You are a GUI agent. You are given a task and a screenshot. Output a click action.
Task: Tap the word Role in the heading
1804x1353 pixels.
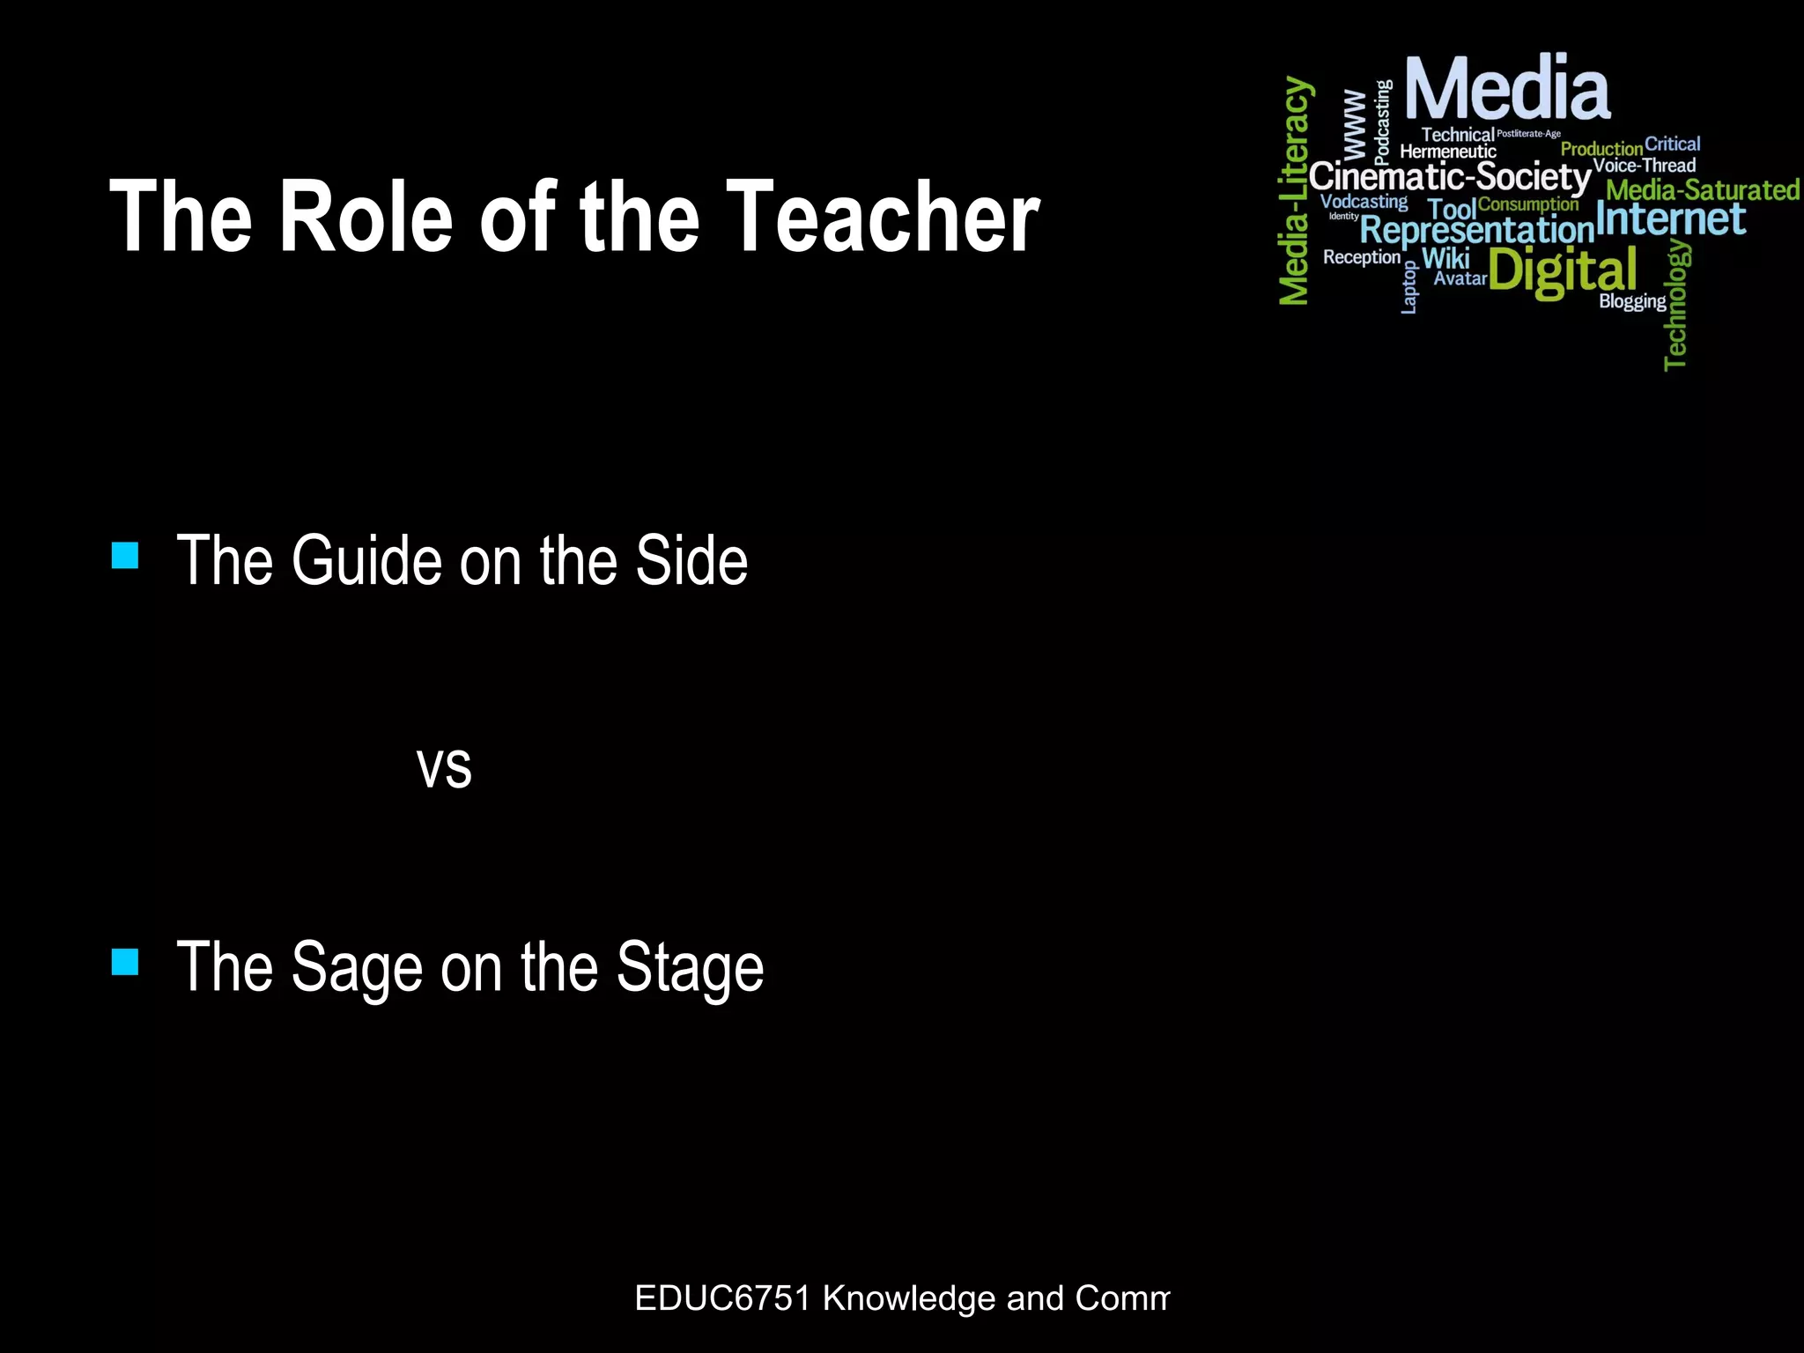366,217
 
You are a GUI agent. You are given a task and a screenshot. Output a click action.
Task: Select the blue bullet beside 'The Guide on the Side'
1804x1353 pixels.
125,556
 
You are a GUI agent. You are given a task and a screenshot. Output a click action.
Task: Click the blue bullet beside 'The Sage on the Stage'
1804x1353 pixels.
125,962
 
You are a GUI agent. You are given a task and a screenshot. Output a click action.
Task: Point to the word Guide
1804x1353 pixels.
366,561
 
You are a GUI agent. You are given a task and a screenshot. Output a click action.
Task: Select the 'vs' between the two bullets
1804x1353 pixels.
444,767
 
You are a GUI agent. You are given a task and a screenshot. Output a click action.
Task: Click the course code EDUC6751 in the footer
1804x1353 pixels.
721,1298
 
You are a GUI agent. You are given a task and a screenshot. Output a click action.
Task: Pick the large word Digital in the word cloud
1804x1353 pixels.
1563,271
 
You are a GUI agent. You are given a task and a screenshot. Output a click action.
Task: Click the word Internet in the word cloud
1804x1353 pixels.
1670,219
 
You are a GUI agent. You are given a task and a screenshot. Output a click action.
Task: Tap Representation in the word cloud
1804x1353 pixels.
1477,231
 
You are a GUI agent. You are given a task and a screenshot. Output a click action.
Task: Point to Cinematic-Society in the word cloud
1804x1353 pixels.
1450,177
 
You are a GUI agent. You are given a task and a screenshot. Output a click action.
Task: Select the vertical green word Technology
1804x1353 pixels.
1676,305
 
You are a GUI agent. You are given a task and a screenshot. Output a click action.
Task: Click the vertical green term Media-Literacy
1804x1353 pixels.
1295,190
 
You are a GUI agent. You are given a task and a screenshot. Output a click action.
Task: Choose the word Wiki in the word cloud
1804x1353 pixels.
1445,258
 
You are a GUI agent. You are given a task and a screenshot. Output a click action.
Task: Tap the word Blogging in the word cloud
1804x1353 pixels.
1632,301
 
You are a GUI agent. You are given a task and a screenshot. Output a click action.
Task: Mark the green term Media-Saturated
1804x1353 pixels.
1702,189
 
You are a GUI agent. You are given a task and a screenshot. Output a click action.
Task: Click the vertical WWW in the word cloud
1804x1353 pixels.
1355,122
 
